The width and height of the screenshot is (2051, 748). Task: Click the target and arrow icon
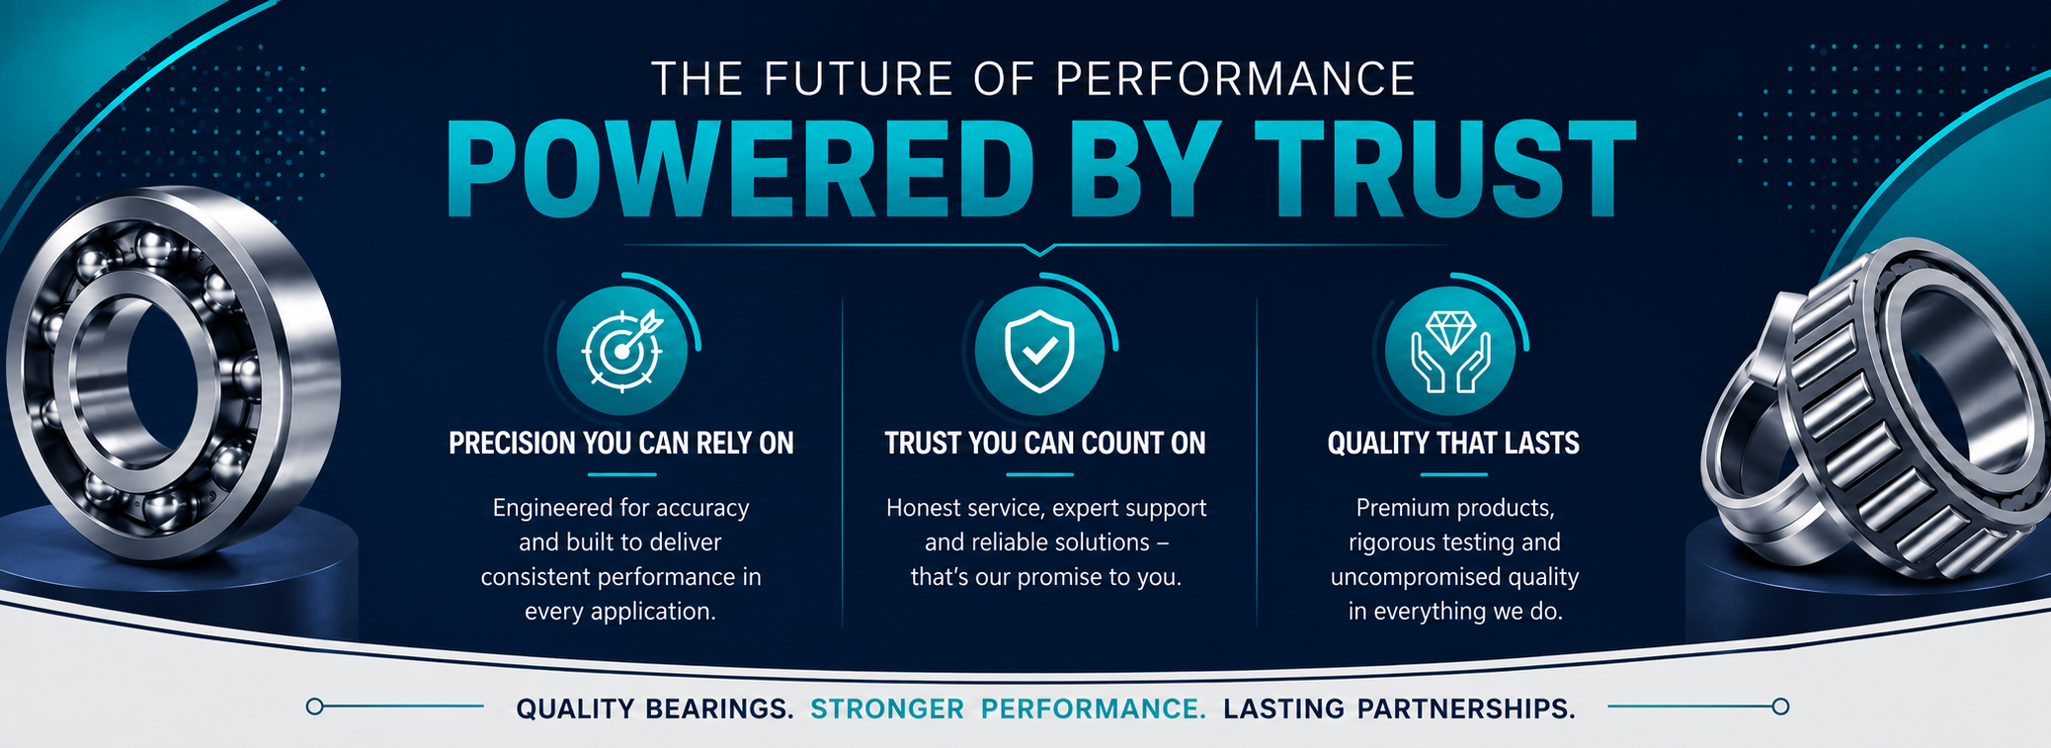[x=621, y=350]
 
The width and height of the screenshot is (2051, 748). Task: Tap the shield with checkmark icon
[x=1038, y=351]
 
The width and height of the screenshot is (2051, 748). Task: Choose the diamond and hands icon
[x=1449, y=351]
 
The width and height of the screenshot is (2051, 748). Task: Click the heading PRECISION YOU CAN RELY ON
[x=621, y=444]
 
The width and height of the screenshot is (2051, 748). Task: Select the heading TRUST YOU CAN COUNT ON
[x=1045, y=444]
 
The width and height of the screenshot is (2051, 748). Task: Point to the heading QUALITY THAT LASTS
[x=1453, y=444]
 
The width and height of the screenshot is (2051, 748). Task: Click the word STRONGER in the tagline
[x=887, y=708]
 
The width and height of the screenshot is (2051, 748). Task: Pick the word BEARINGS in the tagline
[x=719, y=708]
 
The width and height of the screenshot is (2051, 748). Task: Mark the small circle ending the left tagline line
[x=315, y=706]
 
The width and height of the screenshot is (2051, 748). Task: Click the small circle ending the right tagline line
[x=1780, y=706]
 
